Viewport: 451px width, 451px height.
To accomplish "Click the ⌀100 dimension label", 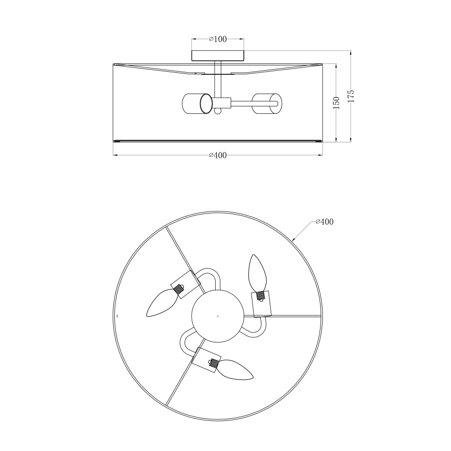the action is click(x=218, y=39).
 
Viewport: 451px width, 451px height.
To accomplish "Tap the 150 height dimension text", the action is click(x=336, y=103).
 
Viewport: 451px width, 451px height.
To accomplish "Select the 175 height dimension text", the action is click(x=351, y=96).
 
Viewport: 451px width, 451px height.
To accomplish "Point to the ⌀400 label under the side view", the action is click(x=218, y=155).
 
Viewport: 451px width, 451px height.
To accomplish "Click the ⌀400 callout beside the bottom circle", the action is click(x=324, y=222).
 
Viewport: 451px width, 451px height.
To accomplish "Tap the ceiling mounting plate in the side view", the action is click(x=218, y=56).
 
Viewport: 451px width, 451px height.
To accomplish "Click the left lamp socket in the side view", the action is click(x=197, y=103).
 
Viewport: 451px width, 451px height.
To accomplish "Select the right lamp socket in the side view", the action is click(x=267, y=103).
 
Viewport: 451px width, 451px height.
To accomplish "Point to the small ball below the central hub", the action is click(x=218, y=111).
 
